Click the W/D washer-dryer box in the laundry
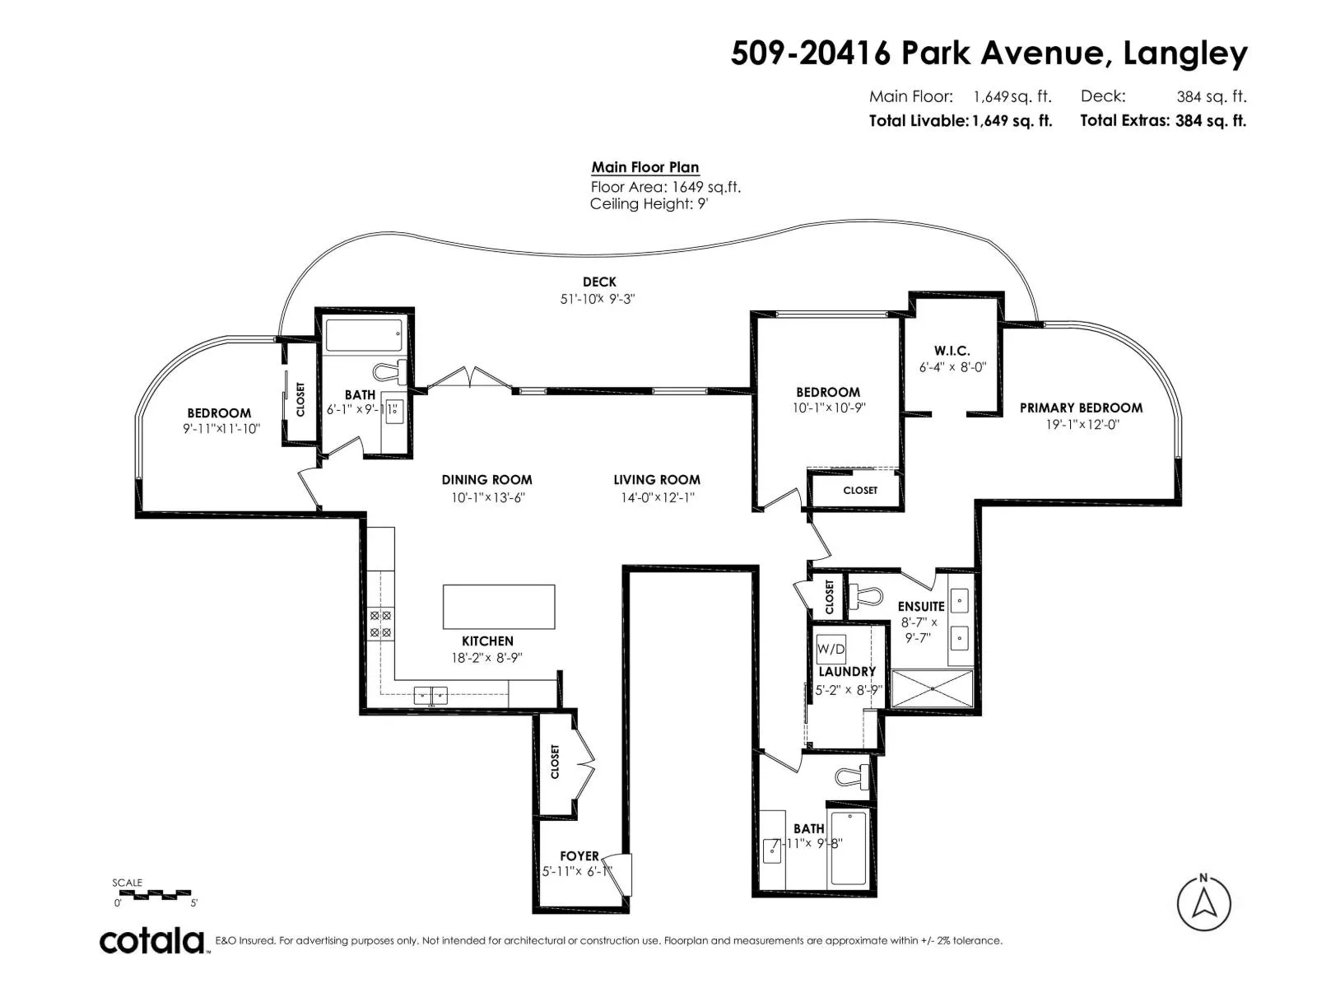(831, 649)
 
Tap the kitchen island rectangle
(499, 607)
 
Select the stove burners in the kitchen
(380, 624)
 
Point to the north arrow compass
(1203, 903)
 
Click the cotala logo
(152, 941)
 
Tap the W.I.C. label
(952, 351)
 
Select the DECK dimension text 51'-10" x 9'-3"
(598, 299)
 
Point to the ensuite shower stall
(932, 688)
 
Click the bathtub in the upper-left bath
(364, 335)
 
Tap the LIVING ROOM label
(656, 480)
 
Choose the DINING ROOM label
(486, 480)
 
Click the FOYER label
(579, 856)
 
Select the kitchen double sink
(430, 696)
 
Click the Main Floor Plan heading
(645, 167)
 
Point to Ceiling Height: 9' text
(649, 204)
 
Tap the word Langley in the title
(1185, 54)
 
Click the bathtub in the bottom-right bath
(848, 850)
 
